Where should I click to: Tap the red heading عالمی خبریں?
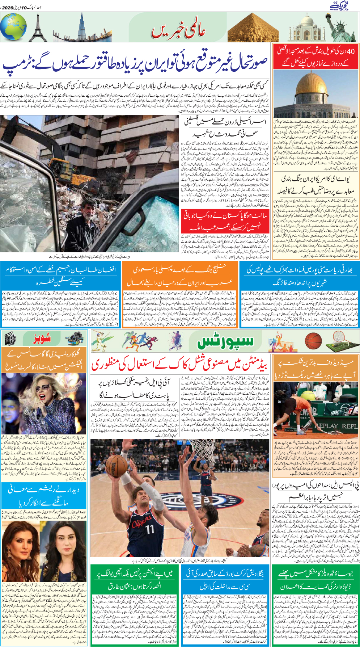(178, 31)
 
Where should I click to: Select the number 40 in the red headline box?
(350, 51)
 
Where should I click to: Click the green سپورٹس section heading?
(225, 342)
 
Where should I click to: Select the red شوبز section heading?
(42, 339)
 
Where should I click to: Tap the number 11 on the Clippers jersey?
(150, 529)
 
